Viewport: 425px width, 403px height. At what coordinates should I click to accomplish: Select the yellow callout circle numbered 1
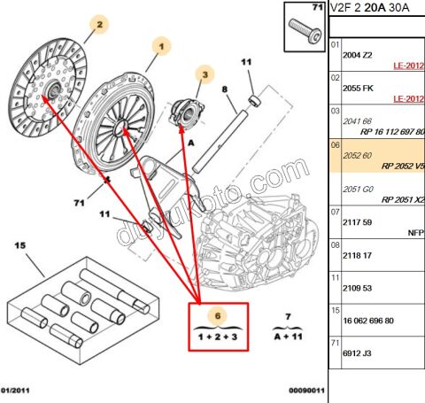[x=162, y=43]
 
